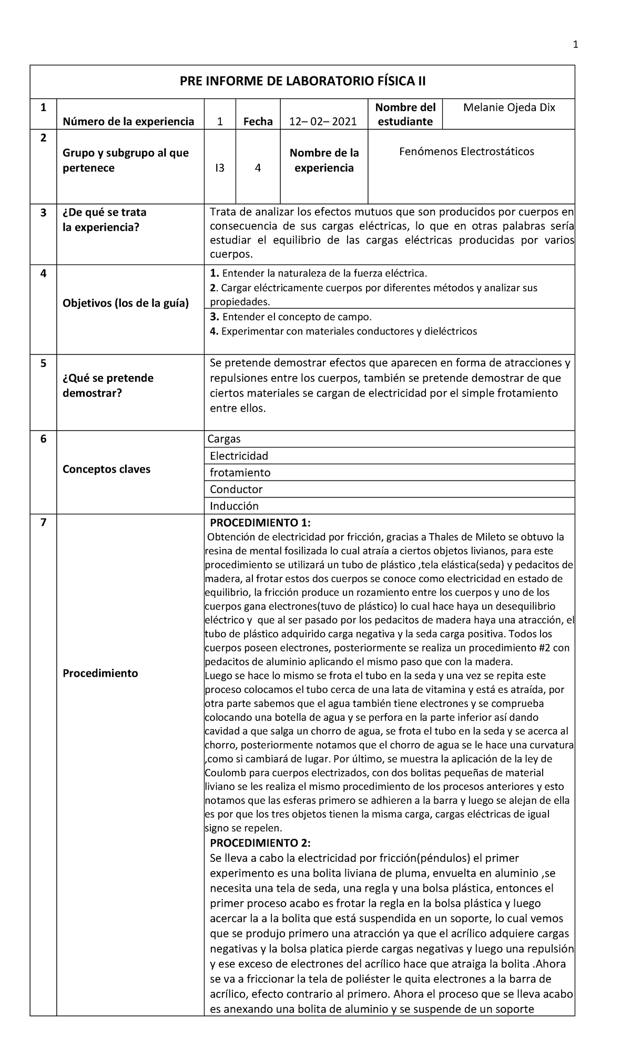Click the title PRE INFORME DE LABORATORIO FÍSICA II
click(x=302, y=82)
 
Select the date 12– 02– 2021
click(x=323, y=121)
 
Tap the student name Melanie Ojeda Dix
click(x=509, y=108)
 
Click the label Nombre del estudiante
click(x=405, y=115)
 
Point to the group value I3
click(x=219, y=168)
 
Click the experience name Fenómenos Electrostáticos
click(x=466, y=151)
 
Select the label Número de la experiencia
click(x=128, y=121)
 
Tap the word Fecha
click(x=258, y=121)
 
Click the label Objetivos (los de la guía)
click(x=125, y=303)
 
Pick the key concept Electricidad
click(x=239, y=455)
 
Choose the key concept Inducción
click(x=234, y=506)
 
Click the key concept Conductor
click(x=236, y=489)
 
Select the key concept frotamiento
click(x=240, y=472)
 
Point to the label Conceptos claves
click(x=106, y=469)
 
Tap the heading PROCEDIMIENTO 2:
click(x=260, y=842)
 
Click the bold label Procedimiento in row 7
click(x=100, y=673)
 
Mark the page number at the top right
click(x=575, y=45)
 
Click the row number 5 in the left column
click(x=43, y=363)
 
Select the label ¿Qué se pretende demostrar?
click(x=108, y=385)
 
